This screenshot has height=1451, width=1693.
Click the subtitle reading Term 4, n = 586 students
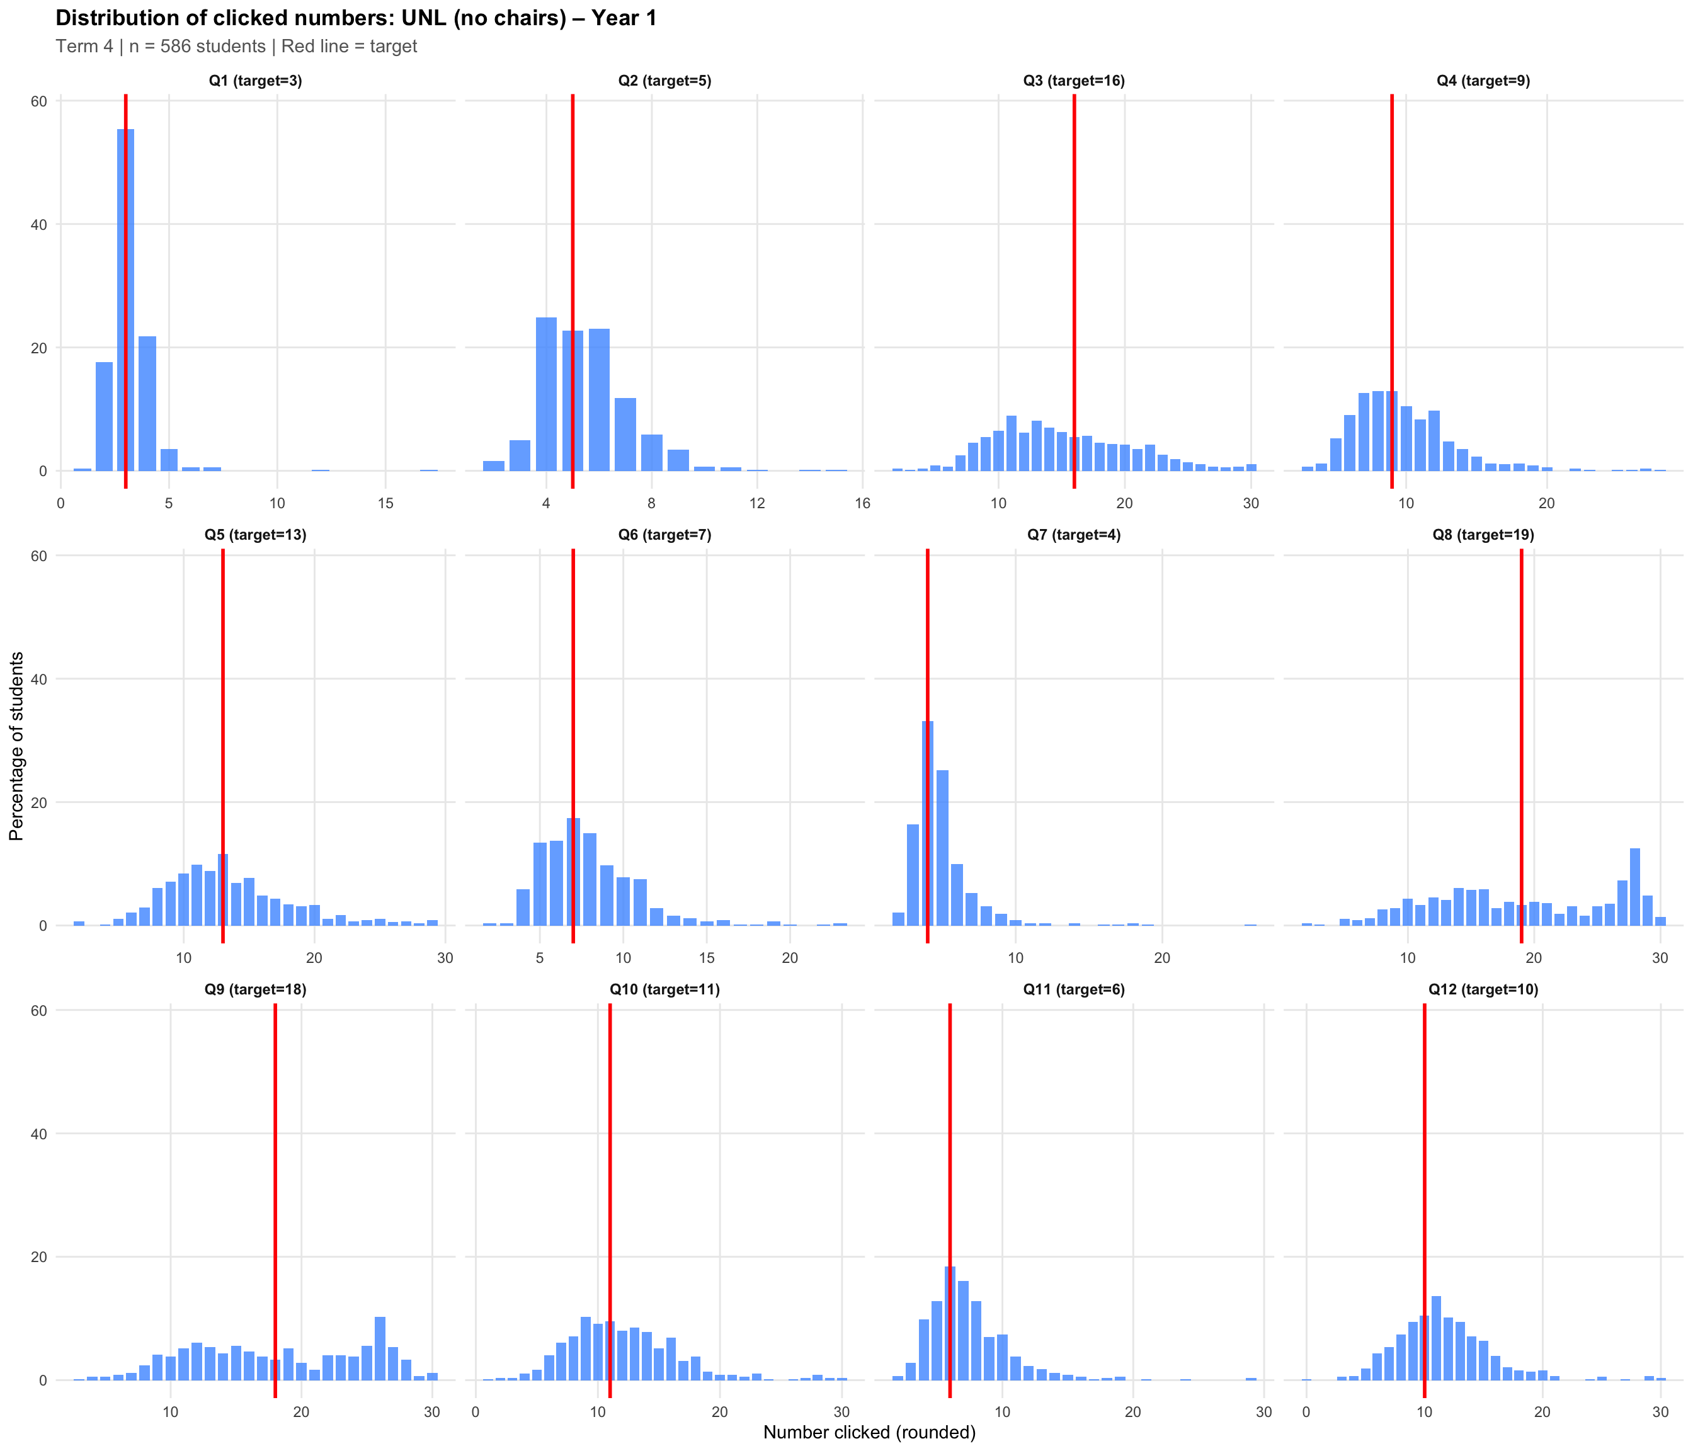(x=236, y=47)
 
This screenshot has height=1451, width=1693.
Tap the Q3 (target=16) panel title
(x=1074, y=81)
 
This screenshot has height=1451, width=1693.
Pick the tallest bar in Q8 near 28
(x=1634, y=887)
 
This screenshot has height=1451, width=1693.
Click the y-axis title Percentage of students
(x=16, y=746)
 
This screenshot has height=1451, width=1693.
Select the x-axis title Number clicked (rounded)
(x=869, y=1431)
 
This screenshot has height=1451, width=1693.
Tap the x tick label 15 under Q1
(x=385, y=503)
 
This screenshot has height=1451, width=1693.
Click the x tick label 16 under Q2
(x=863, y=503)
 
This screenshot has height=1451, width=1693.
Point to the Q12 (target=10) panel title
(x=1483, y=989)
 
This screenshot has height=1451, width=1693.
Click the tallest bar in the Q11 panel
(x=949, y=1324)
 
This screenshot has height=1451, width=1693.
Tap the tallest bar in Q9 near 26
(x=380, y=1348)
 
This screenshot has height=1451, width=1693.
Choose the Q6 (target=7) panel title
(x=664, y=535)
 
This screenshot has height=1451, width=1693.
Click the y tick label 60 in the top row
(x=39, y=101)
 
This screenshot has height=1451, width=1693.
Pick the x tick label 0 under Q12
(x=1306, y=1412)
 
